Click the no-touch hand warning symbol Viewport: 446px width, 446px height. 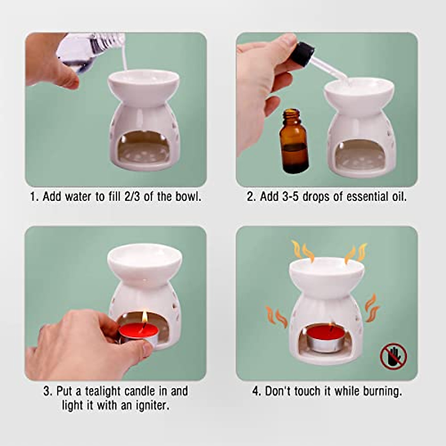[x=394, y=356]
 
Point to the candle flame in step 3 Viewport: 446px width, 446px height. [x=145, y=316]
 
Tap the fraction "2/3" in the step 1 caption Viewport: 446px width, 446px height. [x=132, y=197]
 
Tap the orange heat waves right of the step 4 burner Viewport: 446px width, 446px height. [x=372, y=308]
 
